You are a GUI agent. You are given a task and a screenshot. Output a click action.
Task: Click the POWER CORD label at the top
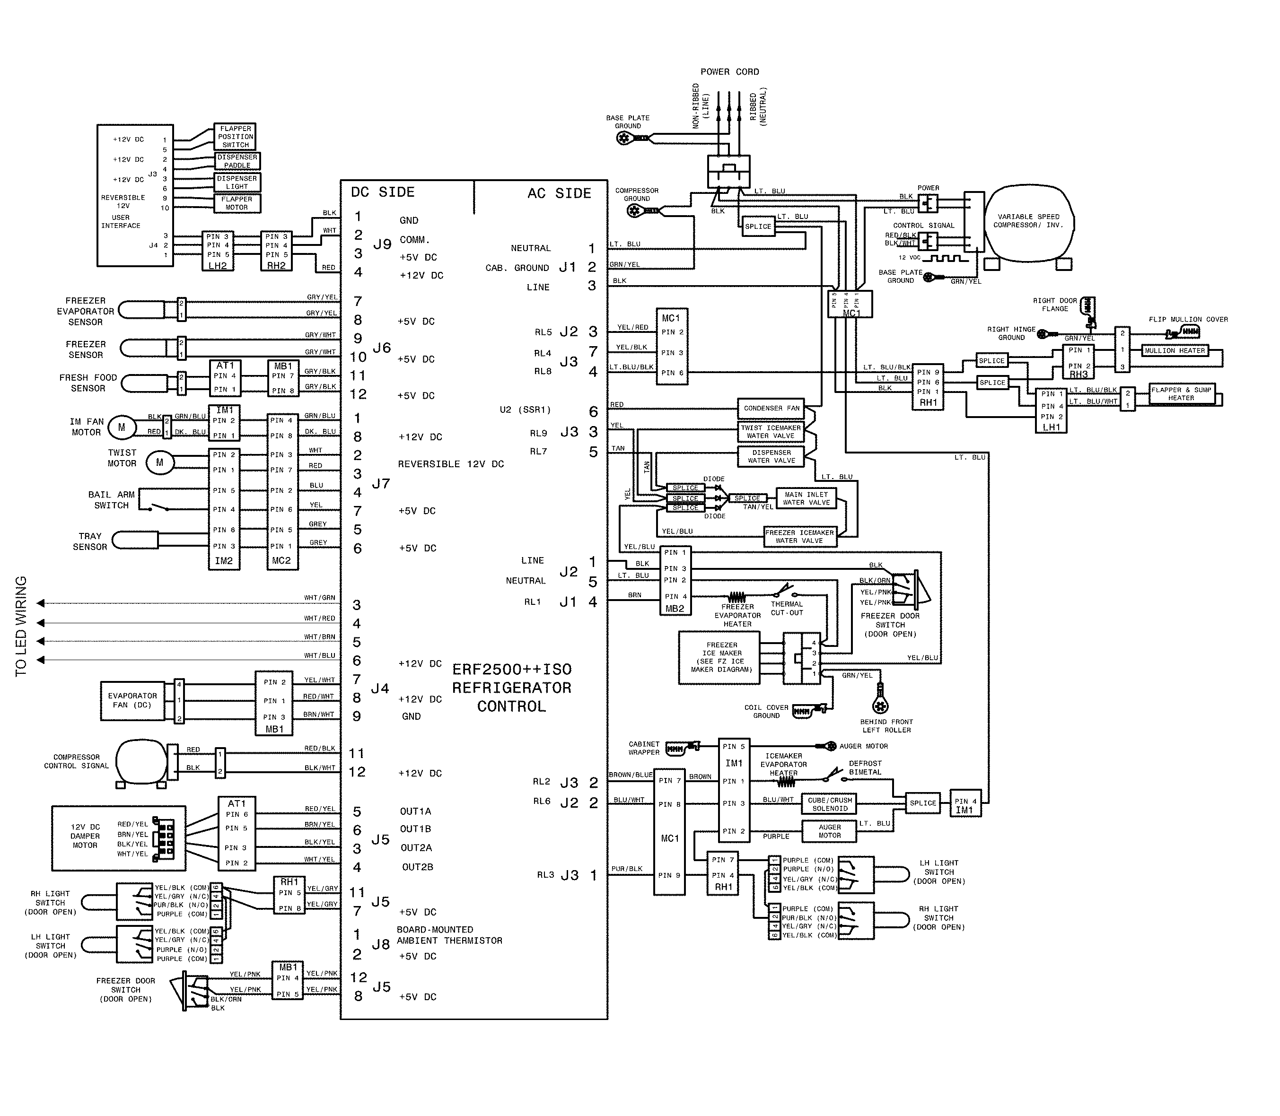click(729, 71)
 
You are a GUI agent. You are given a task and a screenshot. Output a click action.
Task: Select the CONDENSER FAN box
click(771, 409)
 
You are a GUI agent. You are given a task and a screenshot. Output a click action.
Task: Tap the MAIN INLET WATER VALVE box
click(806, 498)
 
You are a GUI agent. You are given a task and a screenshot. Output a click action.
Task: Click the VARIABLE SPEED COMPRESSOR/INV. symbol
click(1028, 221)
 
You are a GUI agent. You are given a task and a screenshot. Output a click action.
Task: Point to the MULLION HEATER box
click(1174, 350)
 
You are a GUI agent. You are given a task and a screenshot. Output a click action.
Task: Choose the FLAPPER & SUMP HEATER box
click(1181, 394)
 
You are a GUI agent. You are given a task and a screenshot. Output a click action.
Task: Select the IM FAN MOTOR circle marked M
click(122, 427)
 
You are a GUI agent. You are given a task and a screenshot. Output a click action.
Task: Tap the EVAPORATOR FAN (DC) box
click(132, 701)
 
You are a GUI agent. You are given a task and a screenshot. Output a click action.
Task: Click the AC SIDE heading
click(559, 194)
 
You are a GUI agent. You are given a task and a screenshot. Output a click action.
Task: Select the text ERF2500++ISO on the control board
click(511, 670)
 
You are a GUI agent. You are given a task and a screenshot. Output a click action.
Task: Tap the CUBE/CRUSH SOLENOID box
click(830, 804)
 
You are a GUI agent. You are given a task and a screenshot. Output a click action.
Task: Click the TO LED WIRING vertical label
click(21, 626)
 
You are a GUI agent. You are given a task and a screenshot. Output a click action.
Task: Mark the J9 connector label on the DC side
click(382, 245)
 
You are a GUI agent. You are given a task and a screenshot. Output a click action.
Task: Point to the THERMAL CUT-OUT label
click(787, 609)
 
